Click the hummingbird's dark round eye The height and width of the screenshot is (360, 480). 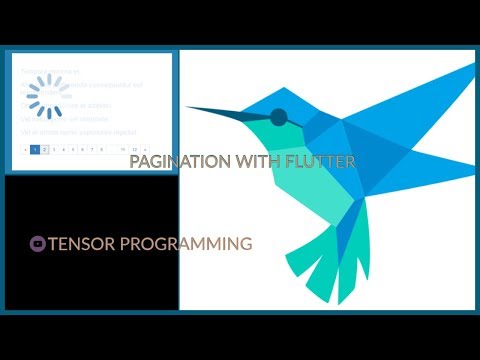278,116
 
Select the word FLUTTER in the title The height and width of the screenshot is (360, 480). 319,161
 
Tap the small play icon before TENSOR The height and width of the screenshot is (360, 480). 37,242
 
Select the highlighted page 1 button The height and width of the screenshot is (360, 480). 34,149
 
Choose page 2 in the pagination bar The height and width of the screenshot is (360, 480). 44,149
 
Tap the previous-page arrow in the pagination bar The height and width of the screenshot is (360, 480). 24,149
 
